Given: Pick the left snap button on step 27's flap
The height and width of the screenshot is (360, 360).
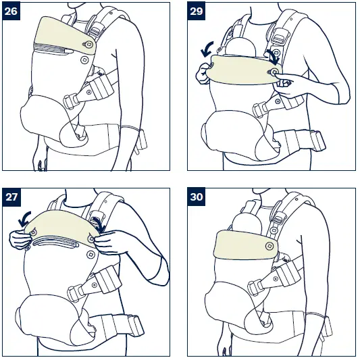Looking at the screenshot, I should (x=34, y=232).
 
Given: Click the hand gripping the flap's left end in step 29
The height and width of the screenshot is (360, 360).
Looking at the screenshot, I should (x=202, y=73).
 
